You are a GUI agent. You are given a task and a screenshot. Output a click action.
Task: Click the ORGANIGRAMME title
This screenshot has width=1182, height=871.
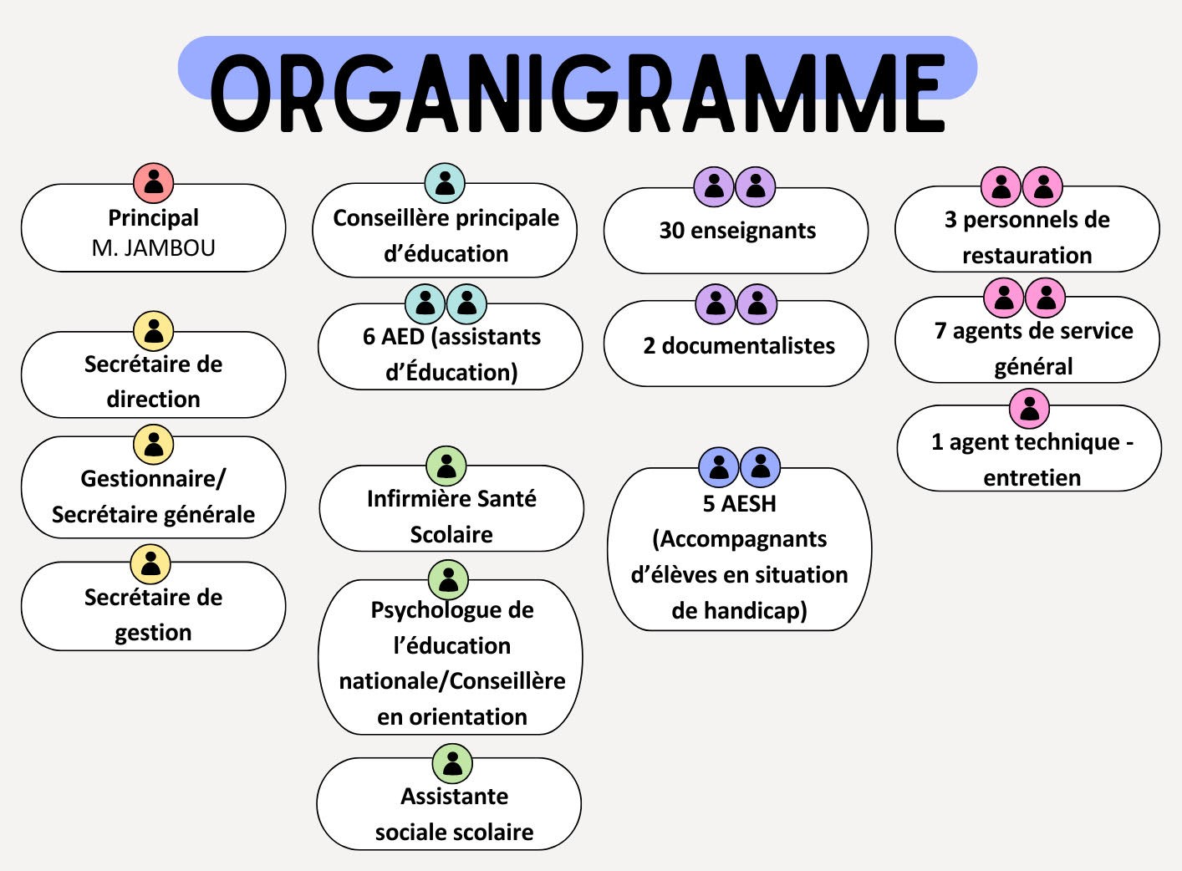[578, 93]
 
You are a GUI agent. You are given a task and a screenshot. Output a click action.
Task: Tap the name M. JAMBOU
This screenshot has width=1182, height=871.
[154, 248]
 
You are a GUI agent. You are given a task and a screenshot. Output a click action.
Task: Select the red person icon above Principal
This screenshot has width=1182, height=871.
[154, 182]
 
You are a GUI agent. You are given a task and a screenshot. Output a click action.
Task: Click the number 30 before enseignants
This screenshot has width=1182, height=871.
[671, 231]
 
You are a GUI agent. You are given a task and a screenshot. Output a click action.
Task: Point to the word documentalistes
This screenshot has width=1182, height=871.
[748, 346]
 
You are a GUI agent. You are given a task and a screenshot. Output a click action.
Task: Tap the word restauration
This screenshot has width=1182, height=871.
[1027, 255]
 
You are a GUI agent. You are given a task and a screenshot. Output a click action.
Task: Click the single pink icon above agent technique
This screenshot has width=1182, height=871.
[1030, 409]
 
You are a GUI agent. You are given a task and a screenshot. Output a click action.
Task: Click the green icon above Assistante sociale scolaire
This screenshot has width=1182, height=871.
[452, 763]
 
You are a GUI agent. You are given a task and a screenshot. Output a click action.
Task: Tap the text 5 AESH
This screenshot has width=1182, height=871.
[739, 504]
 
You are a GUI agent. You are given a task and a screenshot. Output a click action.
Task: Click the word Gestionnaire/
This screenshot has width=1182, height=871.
[153, 479]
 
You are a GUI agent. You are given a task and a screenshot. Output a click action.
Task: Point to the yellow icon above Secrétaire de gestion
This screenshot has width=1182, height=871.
[150, 564]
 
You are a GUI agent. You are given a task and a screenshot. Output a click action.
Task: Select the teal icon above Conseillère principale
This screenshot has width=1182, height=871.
[445, 183]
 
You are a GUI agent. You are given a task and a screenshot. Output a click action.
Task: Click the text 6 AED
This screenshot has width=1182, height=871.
[393, 337]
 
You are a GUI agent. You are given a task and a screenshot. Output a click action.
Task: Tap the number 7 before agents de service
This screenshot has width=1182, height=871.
[940, 331]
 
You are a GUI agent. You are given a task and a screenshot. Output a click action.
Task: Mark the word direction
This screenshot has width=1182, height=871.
[154, 400]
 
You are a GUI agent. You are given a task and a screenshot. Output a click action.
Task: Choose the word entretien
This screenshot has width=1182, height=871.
[1032, 478]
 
